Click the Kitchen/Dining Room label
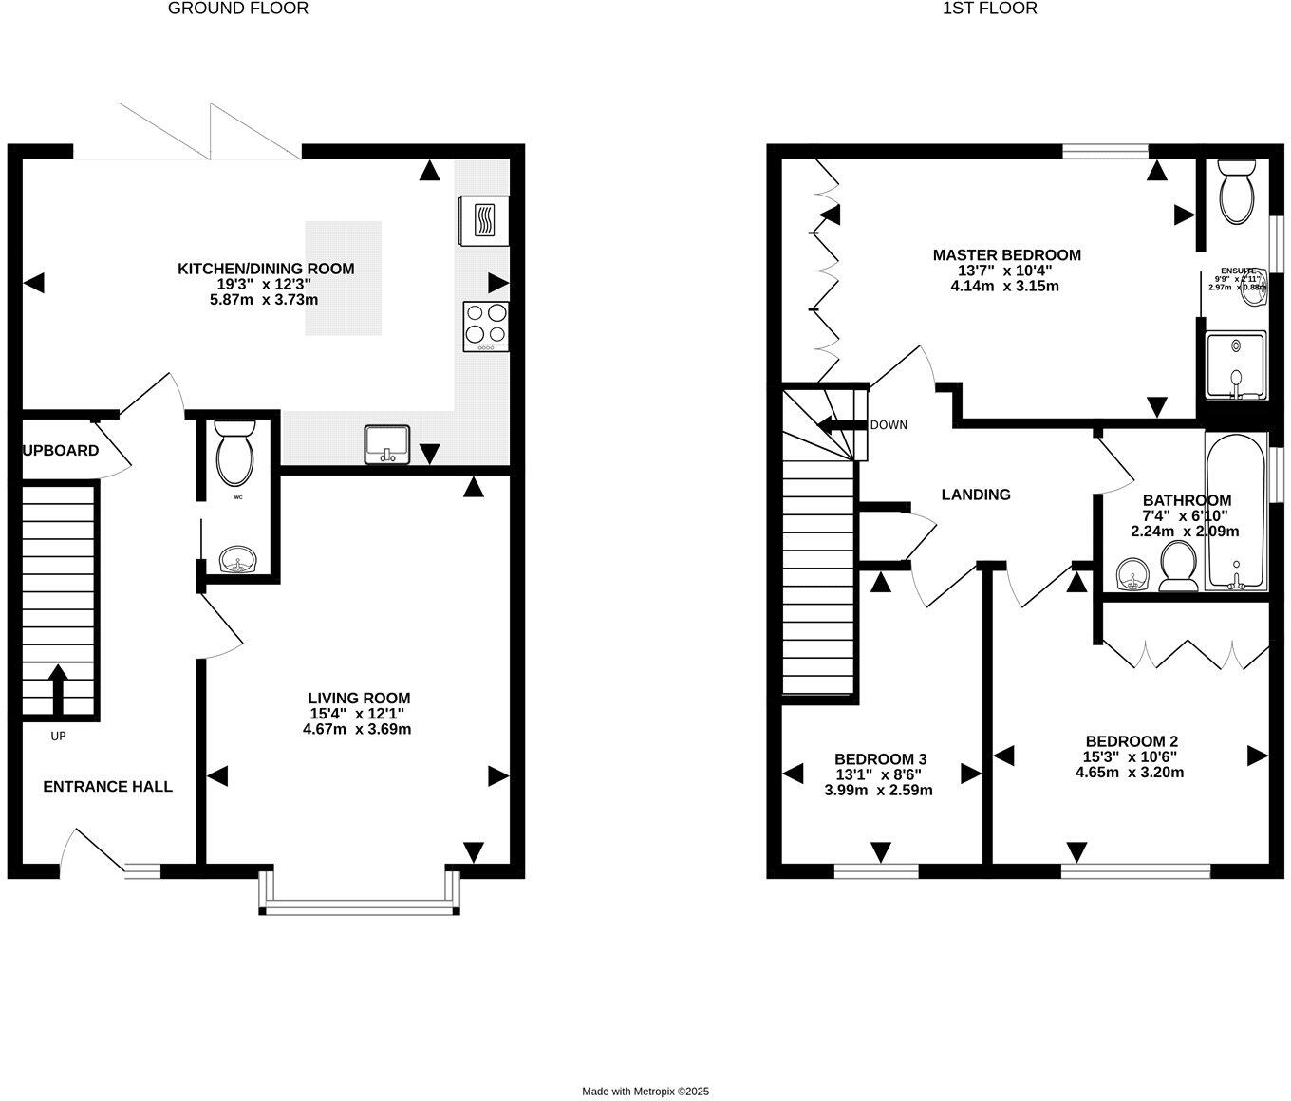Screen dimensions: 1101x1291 266,269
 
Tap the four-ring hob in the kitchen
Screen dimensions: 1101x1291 486,325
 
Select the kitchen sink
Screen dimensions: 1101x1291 387,444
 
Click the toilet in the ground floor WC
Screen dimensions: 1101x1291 234,455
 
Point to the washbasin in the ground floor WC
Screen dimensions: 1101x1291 235,561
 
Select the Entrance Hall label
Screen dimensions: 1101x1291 108,786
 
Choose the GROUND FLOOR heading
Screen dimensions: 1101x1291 238,9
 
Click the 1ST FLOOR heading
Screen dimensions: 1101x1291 990,9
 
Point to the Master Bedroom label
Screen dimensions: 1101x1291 1006,254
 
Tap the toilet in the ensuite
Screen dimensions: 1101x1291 1237,193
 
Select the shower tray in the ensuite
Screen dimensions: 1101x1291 1235,365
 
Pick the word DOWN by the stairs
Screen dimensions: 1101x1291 889,424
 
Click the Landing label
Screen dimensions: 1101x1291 976,495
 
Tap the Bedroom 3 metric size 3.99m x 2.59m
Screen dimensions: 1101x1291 878,790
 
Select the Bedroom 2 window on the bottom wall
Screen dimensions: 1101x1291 1136,870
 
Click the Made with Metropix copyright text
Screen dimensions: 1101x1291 645,1092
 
